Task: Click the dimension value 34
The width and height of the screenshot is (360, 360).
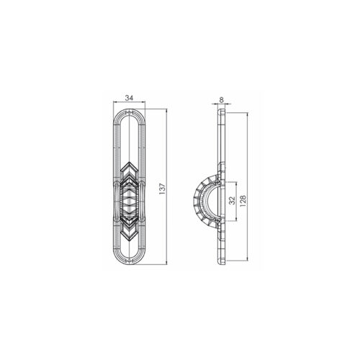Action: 129,98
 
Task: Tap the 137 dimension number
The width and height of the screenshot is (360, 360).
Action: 163,189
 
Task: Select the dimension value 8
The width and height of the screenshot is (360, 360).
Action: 221,99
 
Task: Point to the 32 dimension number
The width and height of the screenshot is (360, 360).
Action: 232,200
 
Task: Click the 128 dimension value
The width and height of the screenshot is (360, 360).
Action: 243,200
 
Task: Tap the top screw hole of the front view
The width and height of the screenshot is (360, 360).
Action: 130,112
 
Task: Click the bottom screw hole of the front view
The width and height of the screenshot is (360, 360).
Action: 130,261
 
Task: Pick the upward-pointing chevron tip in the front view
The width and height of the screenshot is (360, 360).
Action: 130,162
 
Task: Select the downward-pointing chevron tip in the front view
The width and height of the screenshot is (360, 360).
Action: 130,240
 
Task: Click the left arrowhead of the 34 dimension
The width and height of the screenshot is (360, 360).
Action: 114,102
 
